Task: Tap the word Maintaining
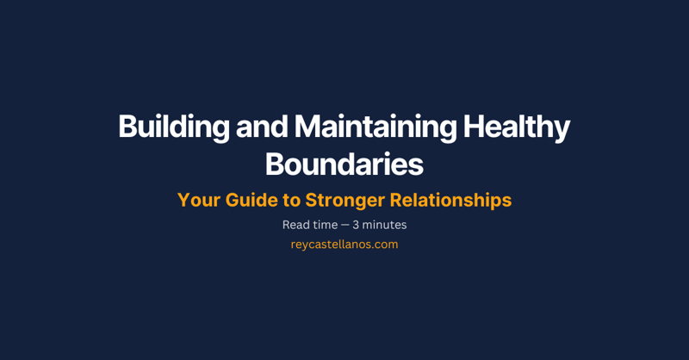point(376,127)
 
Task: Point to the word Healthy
point(517,127)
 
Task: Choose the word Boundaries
point(344,164)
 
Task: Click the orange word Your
point(197,201)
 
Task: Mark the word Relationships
point(451,201)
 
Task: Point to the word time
point(325,225)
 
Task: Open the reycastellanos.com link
point(344,245)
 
